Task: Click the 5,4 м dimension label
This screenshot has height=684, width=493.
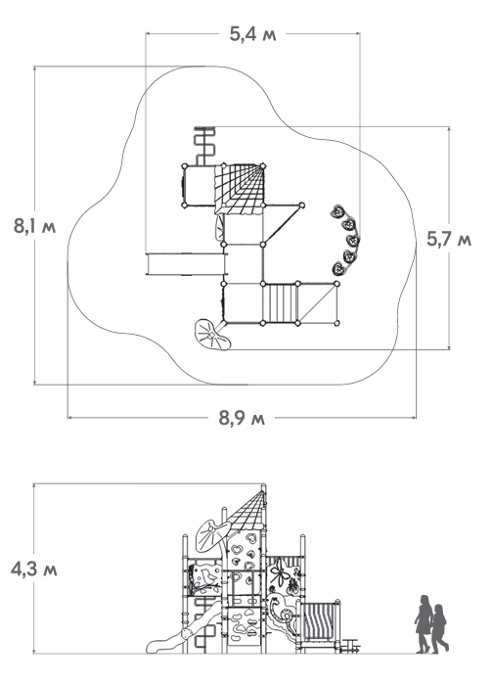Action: tap(252, 34)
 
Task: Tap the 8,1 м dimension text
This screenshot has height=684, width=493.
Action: tap(35, 226)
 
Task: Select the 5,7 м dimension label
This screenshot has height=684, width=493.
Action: tap(449, 239)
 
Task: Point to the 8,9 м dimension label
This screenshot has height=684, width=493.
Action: tap(242, 419)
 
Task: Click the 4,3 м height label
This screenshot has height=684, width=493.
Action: tap(34, 570)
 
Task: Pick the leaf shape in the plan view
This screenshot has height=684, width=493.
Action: tap(211, 336)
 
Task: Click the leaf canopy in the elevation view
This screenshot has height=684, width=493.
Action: tap(212, 535)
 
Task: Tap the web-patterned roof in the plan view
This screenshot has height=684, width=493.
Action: tap(240, 189)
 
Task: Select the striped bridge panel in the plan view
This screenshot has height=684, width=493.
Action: tap(281, 303)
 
